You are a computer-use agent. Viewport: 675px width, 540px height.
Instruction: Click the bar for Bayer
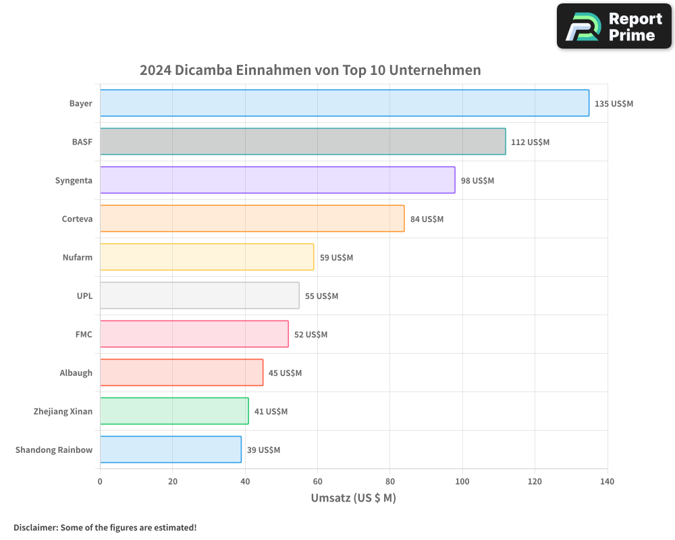click(x=344, y=103)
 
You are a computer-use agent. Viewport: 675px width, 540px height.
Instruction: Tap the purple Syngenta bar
click(x=277, y=180)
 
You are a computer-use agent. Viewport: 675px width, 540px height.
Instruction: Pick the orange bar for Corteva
click(x=252, y=219)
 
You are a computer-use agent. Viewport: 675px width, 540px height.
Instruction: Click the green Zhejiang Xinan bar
click(x=174, y=411)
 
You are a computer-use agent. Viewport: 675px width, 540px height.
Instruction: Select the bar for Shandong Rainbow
click(x=171, y=450)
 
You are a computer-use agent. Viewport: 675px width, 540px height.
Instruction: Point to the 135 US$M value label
click(x=614, y=104)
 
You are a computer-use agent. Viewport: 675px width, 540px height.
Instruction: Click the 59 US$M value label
click(x=336, y=258)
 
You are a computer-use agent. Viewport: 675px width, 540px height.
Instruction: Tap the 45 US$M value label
click(x=285, y=373)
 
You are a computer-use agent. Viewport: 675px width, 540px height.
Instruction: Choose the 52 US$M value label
click(x=310, y=335)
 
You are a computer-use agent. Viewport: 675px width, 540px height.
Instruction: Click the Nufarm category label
click(x=77, y=257)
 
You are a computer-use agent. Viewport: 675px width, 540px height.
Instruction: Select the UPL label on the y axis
click(x=84, y=296)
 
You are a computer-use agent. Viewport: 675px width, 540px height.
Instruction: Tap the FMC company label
click(x=84, y=334)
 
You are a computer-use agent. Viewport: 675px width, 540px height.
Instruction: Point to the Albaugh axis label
click(x=76, y=373)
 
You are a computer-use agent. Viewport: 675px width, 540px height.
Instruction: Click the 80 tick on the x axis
click(x=389, y=482)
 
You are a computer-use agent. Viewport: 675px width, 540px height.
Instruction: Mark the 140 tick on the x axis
click(x=607, y=482)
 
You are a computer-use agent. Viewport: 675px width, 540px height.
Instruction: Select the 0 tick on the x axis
click(x=100, y=482)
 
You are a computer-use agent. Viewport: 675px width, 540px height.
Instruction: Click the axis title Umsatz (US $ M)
click(x=353, y=498)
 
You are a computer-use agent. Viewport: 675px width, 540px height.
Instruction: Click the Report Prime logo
click(x=614, y=26)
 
